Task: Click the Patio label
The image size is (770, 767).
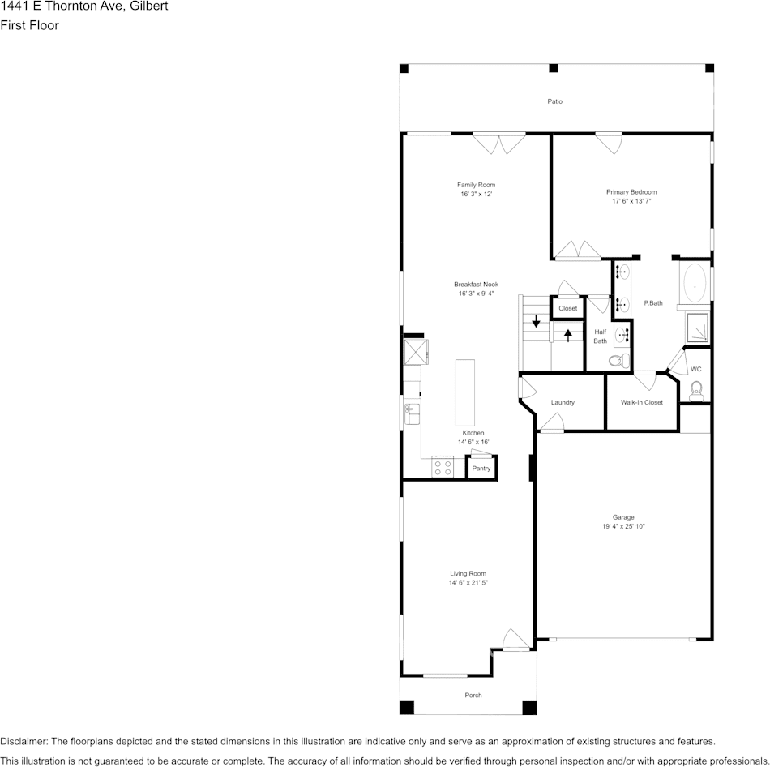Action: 554,101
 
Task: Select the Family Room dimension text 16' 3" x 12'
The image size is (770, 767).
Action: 476,195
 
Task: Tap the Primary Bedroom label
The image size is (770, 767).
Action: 631,191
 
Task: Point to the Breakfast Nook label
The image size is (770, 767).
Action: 476,285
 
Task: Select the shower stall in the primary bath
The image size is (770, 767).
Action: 697,328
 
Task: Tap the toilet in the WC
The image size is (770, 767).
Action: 696,393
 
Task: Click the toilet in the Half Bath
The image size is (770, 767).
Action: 617,361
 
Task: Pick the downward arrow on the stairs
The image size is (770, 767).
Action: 536,322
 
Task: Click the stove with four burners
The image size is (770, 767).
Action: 443,467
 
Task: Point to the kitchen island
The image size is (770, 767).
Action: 465,392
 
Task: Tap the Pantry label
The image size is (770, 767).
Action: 481,469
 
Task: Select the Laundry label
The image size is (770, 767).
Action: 563,402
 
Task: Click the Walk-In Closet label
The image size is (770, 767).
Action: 641,402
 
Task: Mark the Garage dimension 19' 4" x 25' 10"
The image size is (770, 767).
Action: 623,527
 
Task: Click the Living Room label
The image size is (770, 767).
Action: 468,573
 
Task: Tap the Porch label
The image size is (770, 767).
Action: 473,696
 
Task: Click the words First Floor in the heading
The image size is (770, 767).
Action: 29,25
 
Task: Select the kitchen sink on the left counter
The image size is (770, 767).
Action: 412,414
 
